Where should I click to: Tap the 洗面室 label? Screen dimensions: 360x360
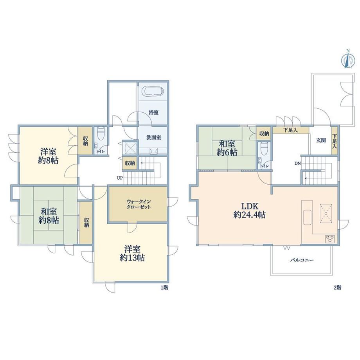click(154, 137)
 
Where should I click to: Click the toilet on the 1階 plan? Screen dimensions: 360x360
click(101, 133)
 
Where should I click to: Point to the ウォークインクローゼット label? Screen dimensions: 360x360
click(139, 204)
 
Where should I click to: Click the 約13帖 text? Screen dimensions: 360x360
click(132, 258)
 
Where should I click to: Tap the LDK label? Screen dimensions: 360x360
click(250, 206)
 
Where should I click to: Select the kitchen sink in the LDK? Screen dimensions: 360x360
click(308, 217)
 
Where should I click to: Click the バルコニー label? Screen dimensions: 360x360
click(302, 260)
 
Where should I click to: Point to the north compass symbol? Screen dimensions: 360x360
click(348, 59)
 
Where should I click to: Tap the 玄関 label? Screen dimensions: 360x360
click(321, 140)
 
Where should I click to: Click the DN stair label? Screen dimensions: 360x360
click(297, 164)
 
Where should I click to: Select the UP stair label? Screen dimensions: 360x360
click(120, 178)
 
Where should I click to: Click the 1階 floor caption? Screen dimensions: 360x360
click(164, 288)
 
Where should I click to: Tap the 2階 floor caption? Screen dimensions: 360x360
click(337, 287)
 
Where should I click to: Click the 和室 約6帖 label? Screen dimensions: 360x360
click(227, 148)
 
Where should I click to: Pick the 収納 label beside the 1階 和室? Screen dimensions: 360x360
click(86, 222)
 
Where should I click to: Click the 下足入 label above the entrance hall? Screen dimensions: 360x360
click(290, 130)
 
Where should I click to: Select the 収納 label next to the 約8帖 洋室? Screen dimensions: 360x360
click(85, 141)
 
